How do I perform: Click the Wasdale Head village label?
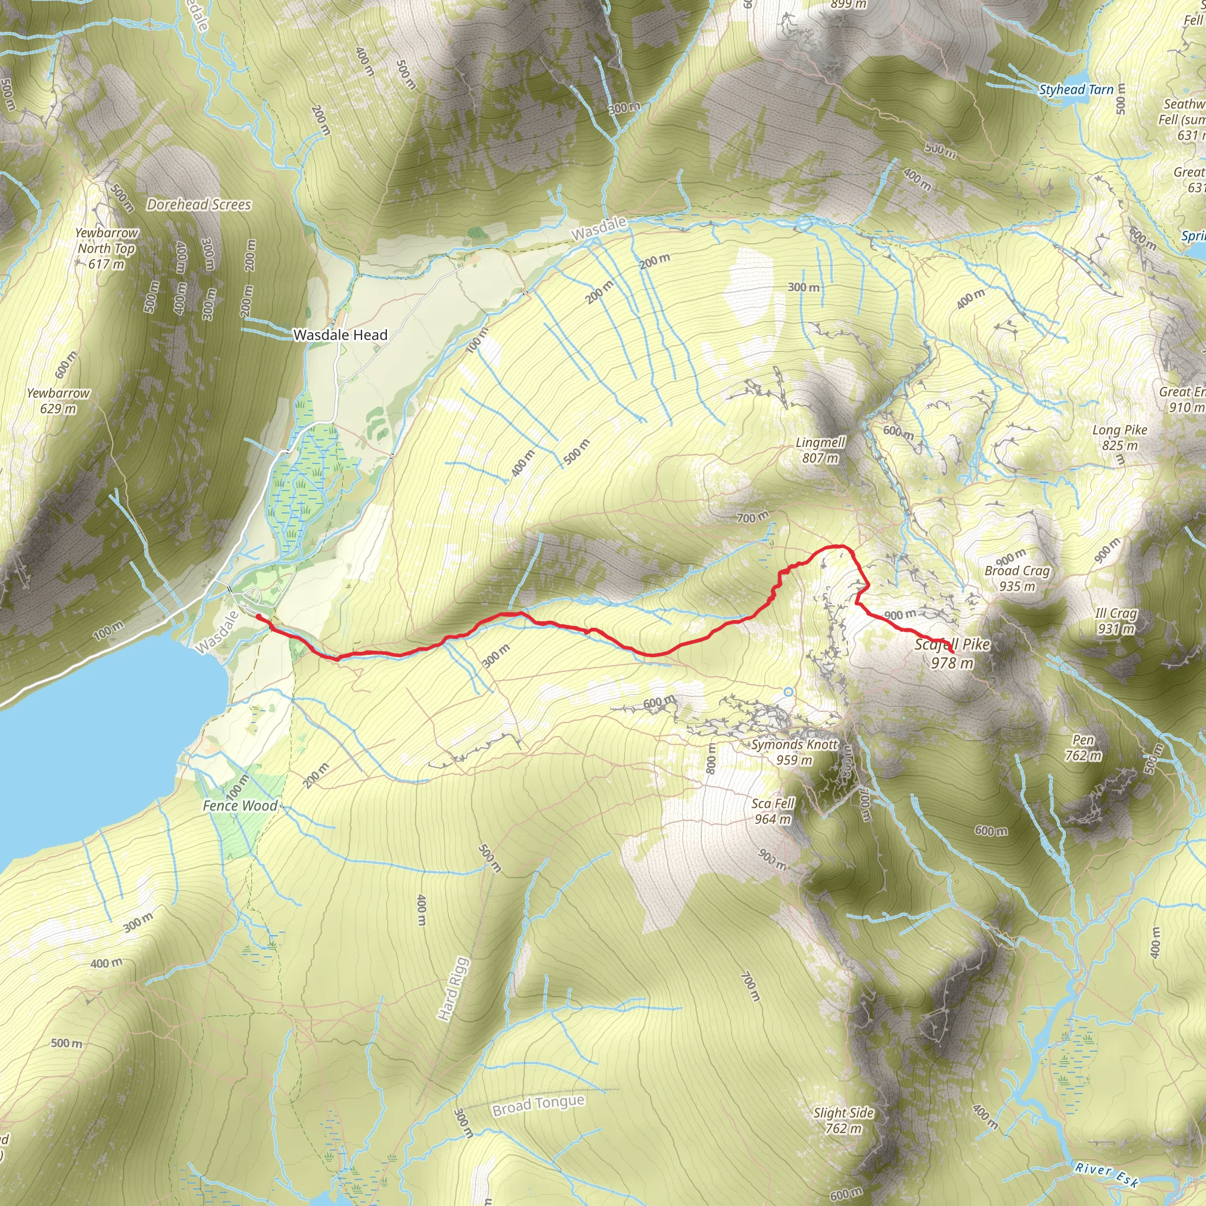[340, 335]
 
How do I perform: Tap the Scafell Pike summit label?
[952, 653]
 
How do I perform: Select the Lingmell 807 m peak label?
[820, 450]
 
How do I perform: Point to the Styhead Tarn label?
[1076, 90]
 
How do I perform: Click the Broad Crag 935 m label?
[1017, 578]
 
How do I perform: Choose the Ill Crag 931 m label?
[1116, 621]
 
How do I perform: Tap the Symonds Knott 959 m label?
[794, 751]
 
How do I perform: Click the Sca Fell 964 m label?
[773, 811]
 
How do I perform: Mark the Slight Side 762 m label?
[843, 1121]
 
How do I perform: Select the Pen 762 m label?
[1084, 748]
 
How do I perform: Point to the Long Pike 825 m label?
[1120, 438]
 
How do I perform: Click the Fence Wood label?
[240, 806]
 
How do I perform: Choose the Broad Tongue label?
[538, 1105]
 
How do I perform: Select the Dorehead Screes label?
[198, 205]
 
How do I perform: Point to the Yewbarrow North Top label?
[107, 248]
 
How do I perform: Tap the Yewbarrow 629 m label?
[58, 401]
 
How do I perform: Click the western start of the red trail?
[258, 617]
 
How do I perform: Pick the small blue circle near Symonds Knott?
[788, 692]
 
